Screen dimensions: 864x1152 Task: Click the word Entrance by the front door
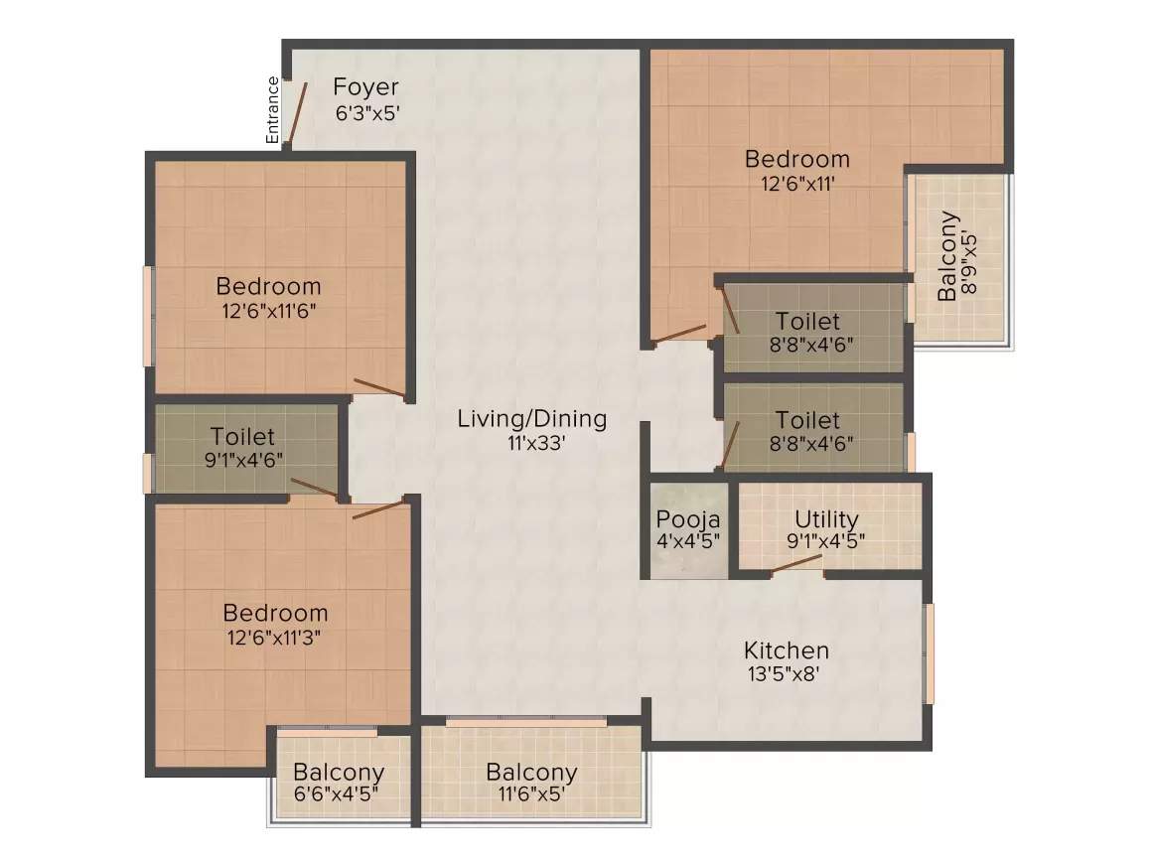point(272,110)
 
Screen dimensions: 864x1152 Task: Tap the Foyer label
point(365,86)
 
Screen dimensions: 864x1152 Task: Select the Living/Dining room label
point(531,418)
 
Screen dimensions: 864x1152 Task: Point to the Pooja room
point(688,530)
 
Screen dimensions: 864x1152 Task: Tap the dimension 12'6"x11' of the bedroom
point(797,183)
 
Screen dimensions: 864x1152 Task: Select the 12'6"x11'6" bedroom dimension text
point(269,310)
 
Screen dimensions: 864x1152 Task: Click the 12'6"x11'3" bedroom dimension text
point(273,637)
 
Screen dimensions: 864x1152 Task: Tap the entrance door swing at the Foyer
point(295,112)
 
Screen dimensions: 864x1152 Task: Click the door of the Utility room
point(796,562)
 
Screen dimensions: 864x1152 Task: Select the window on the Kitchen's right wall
point(929,653)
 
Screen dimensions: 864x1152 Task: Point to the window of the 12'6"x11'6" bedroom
point(149,316)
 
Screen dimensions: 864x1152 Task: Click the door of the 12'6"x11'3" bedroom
point(378,509)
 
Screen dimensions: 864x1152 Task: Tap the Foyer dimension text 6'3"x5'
point(366,112)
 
